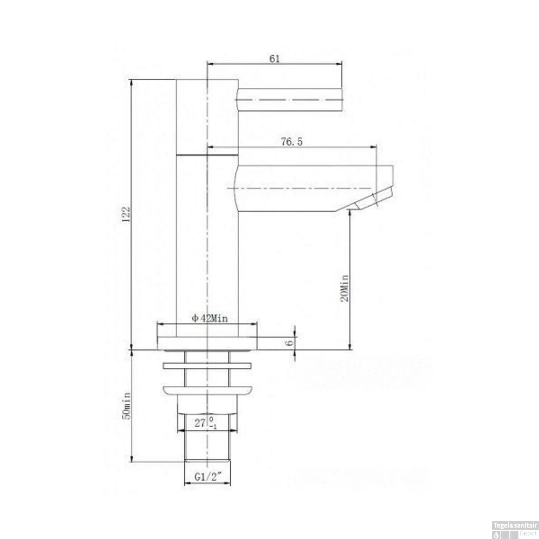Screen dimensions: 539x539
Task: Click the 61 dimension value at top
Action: pyautogui.click(x=274, y=59)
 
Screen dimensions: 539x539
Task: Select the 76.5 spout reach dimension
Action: pyautogui.click(x=291, y=142)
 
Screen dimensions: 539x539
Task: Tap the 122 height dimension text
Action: pyautogui.click(x=126, y=215)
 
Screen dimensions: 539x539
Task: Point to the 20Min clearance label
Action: pyautogui.click(x=344, y=288)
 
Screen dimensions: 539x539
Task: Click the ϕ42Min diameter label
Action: pyautogui.click(x=210, y=318)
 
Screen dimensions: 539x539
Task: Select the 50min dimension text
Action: pyautogui.click(x=126, y=406)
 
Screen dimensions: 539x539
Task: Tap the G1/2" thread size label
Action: pyautogui.click(x=208, y=477)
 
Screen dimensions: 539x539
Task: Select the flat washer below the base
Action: pyautogui.click(x=207, y=366)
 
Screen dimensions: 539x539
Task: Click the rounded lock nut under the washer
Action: pyautogui.click(x=207, y=391)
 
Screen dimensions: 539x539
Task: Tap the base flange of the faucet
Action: pyautogui.click(x=207, y=343)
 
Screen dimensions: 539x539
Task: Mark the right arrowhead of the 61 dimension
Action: pyautogui.click(x=339, y=64)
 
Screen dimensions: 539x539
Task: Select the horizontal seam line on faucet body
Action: pyautogui.click(x=207, y=155)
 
